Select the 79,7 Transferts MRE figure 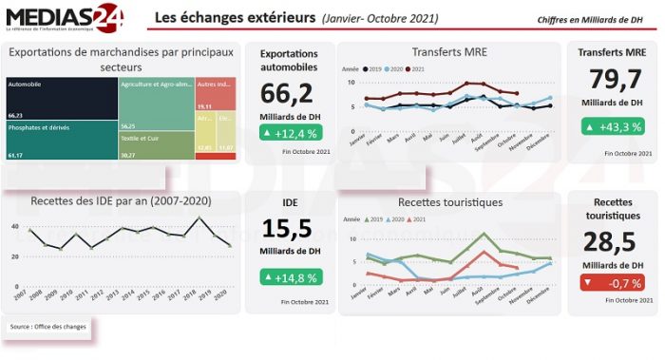tap(612, 79)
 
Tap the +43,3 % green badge tap(613, 126)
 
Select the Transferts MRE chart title tap(449, 51)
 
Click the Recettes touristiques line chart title tap(449, 201)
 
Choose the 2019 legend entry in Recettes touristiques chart tap(371, 219)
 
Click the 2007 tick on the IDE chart tap(20, 295)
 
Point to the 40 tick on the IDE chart tap(15, 226)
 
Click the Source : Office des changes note tap(48, 327)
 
